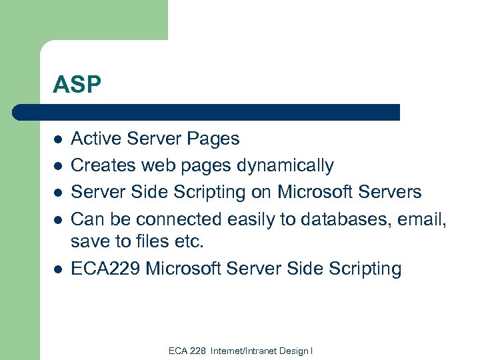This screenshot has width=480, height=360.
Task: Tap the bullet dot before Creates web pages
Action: [x=58, y=166]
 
